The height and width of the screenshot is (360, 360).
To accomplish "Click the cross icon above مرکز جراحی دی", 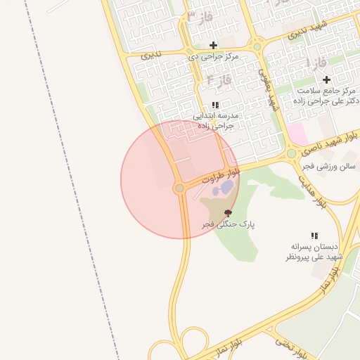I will (213, 45).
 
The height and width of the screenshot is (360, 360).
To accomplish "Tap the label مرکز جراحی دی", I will (214, 56).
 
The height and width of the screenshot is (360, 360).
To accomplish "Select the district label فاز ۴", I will (220, 80).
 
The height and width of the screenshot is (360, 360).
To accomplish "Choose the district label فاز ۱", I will (317, 63).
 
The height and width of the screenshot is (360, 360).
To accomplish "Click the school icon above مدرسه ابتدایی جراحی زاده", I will (214, 105).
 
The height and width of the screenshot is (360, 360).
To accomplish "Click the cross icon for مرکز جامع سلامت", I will (326, 79).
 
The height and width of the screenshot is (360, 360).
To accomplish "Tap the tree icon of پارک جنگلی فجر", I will (227, 212).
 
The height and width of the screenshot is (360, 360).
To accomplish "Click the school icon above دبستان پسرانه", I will (314, 236).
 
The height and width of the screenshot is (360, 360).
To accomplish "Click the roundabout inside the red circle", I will (179, 188).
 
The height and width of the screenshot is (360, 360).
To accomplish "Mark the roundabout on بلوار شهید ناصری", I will (291, 153).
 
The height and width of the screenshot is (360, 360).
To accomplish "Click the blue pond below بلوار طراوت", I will (224, 188).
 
